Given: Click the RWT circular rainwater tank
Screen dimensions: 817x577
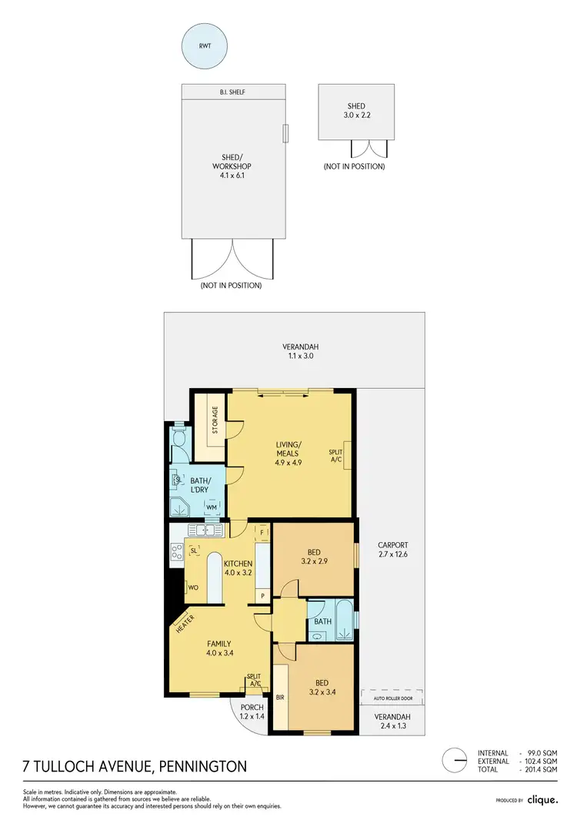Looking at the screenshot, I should (205, 45).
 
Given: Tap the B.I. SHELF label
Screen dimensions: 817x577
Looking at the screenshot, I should (232, 92).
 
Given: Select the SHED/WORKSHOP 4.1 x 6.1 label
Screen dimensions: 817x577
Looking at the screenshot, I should (232, 166).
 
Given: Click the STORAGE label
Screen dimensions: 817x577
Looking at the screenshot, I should (215, 421).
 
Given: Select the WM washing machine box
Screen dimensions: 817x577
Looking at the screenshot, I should (212, 507).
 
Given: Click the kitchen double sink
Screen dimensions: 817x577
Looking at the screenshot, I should (204, 530).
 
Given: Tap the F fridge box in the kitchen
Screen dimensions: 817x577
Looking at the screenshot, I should (262, 532).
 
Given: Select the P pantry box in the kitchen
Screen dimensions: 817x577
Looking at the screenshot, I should (262, 595).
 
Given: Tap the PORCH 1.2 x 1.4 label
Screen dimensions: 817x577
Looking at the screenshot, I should (252, 712).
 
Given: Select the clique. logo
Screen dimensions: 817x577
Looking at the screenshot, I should (543, 799).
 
